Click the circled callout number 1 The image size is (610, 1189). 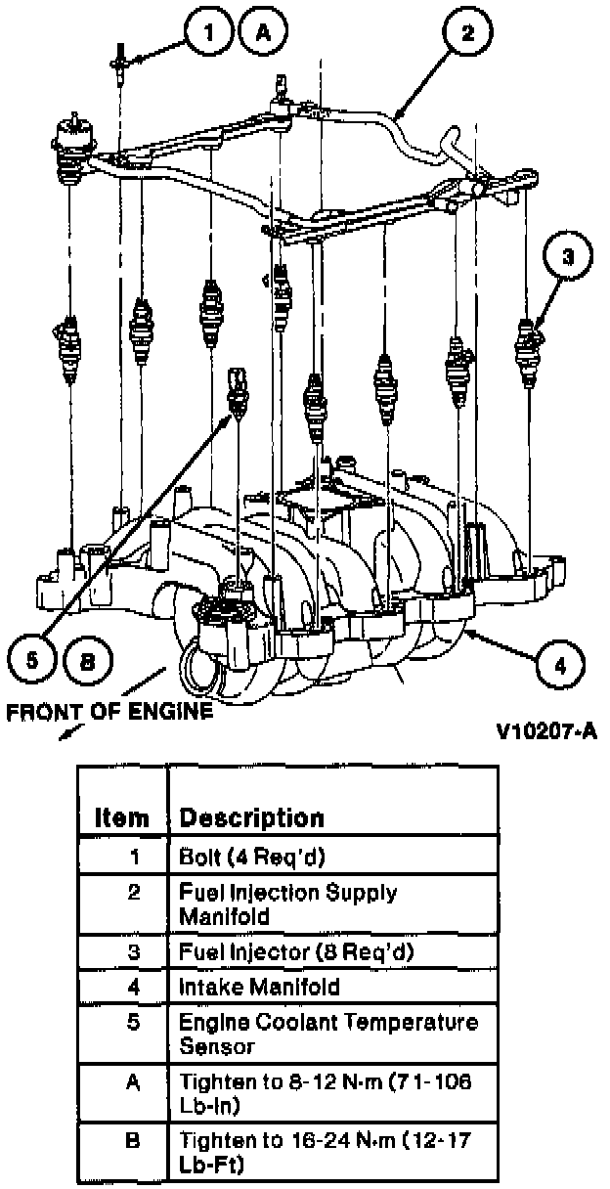[x=207, y=33]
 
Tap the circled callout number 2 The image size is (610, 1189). [x=467, y=33]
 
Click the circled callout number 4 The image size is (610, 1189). [x=559, y=666]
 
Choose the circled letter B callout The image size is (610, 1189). [x=87, y=660]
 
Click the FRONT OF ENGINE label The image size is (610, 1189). [x=109, y=712]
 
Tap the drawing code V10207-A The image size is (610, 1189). [x=545, y=731]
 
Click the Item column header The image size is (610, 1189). [x=122, y=816]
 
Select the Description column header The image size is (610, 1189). [x=251, y=816]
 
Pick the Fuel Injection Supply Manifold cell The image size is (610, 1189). [x=287, y=904]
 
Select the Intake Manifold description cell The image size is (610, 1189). [x=259, y=987]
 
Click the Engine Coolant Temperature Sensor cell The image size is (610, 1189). [x=328, y=1034]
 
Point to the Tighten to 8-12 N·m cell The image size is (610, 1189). [x=327, y=1092]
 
